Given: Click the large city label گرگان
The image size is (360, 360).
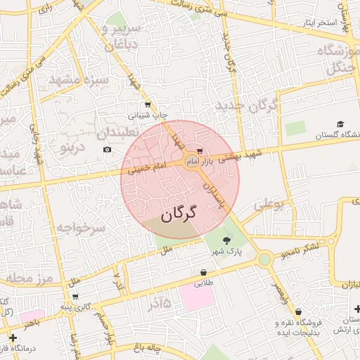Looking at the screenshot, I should (x=179, y=214).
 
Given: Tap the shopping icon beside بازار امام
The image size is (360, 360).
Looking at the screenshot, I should (x=200, y=151).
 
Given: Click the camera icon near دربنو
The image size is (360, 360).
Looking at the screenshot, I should (x=107, y=149).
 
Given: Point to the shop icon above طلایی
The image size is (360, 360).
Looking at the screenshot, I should (x=203, y=272).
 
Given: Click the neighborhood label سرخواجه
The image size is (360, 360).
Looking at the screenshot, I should (x=80, y=228).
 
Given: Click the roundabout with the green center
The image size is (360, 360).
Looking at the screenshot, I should (x=264, y=259).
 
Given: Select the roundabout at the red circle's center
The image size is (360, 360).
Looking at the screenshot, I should (x=191, y=163).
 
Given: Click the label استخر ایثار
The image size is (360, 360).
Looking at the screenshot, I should (x=320, y=23).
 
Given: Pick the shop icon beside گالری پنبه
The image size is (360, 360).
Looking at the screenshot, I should (x=75, y=296).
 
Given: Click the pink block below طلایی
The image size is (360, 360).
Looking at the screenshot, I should (x=198, y=296).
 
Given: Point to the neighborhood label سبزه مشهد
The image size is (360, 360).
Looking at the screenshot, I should (x=79, y=80).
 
